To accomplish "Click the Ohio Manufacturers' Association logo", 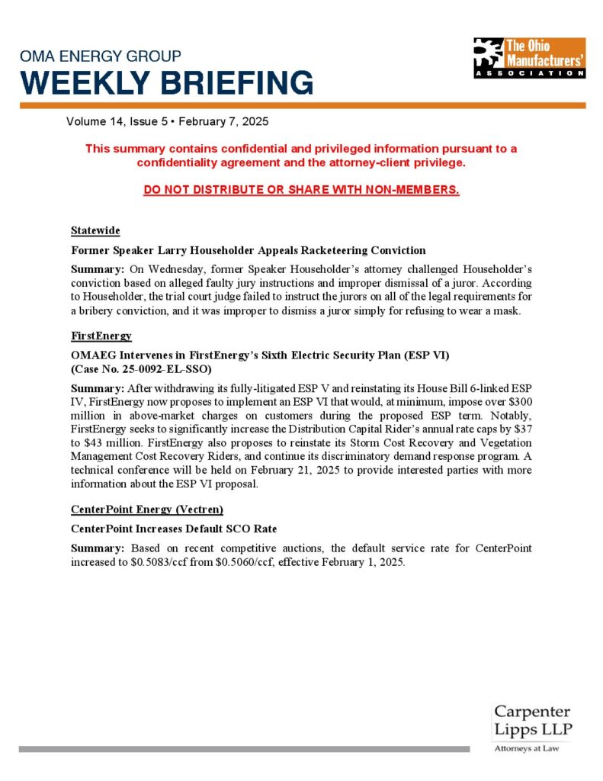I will [x=528, y=57].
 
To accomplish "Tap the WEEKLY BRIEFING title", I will [x=167, y=82].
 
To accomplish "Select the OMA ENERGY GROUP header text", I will [x=101, y=56].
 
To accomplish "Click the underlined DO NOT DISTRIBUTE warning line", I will [x=301, y=190].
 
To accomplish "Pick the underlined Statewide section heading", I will [x=95, y=231].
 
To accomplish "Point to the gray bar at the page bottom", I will [x=244, y=749].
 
